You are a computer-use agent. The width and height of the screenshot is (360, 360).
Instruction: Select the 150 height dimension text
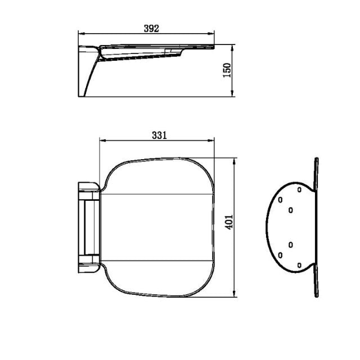pos(228,71)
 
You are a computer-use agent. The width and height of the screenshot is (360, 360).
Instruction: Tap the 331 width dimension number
pos(159,135)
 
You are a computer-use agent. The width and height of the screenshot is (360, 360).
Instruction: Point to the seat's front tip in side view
pos(214,47)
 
